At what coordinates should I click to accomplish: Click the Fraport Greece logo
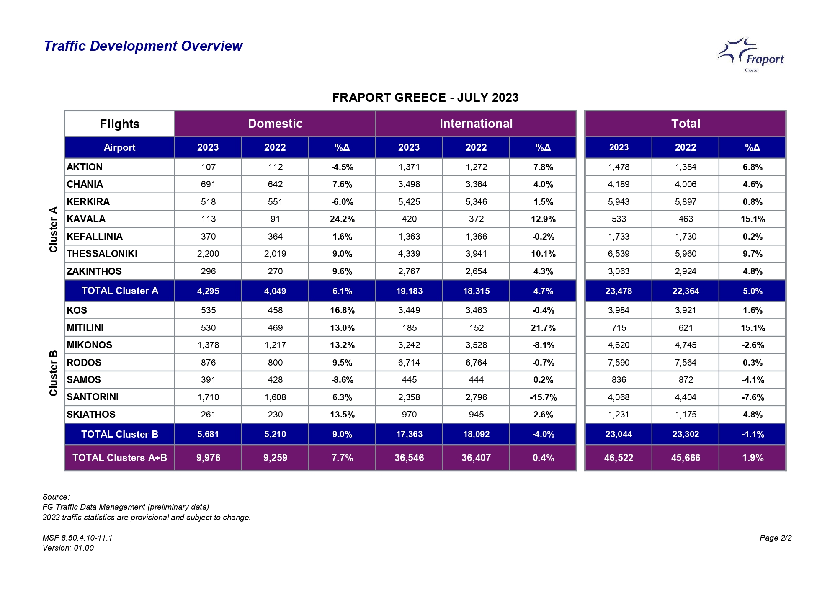pos(750,55)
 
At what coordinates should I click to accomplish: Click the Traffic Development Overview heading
pos(143,46)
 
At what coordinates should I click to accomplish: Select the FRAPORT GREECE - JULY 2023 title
pos(425,98)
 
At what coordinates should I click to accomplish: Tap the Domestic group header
pos(275,124)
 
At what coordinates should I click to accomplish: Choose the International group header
pos(476,124)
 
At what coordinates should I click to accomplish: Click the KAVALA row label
pos(86,219)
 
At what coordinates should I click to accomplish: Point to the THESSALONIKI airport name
pos(102,254)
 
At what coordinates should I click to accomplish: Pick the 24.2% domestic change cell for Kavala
pos(342,219)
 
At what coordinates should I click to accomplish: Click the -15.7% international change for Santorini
pos(543,397)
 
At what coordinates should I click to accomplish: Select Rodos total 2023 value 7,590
pos(619,363)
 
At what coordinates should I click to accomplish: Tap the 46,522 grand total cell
pos(619,458)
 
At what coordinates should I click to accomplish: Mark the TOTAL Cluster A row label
pos(120,291)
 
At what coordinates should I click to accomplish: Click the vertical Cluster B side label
pos(53,373)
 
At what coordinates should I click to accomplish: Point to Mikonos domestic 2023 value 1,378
pos(208,345)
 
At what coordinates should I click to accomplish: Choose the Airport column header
pos(120,147)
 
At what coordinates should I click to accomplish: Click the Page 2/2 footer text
pos(776,538)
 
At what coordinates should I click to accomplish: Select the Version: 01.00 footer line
pos(68,548)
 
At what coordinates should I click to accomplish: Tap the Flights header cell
pos(120,124)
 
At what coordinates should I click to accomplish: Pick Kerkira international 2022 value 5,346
pos(476,202)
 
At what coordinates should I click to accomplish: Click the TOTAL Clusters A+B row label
pos(120,458)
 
